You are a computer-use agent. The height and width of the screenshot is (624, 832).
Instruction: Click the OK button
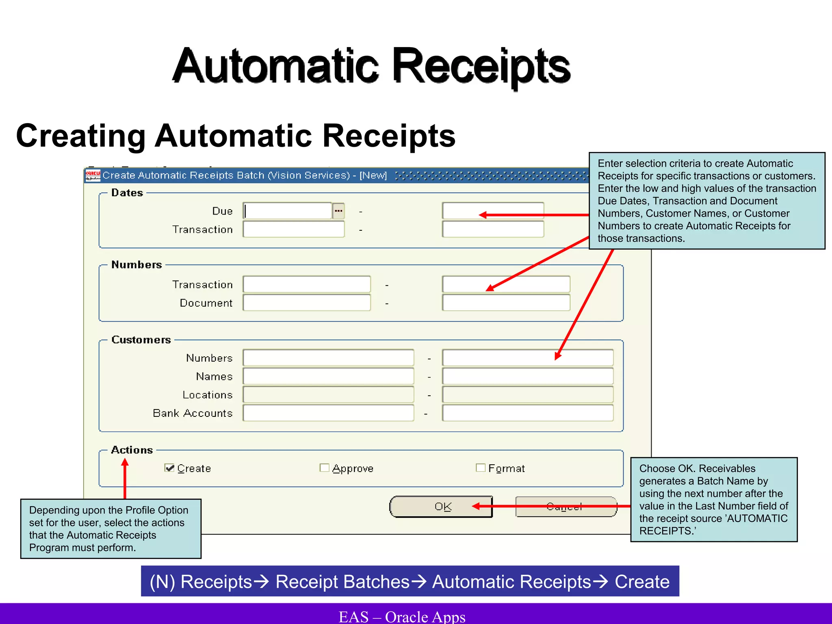[441, 507]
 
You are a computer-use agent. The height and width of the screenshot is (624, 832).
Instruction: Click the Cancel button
[566, 507]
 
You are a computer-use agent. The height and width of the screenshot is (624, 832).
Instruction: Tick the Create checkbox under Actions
[169, 468]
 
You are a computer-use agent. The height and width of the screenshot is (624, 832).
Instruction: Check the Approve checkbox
[324, 468]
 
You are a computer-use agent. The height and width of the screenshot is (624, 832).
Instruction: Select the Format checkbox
[480, 468]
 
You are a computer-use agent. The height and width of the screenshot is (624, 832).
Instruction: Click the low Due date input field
[288, 211]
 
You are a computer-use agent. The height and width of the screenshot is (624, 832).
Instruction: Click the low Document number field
[307, 303]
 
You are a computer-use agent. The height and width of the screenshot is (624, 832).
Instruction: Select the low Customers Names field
[328, 376]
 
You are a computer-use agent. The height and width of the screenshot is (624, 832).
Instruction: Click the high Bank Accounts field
[527, 413]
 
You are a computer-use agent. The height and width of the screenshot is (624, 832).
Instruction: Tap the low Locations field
[328, 394]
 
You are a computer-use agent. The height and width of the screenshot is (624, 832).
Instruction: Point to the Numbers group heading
[136, 265]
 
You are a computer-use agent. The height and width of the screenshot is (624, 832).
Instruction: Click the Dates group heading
[127, 193]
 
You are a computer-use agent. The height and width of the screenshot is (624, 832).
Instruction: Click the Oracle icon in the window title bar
[93, 175]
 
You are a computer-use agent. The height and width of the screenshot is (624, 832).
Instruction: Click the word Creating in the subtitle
[80, 136]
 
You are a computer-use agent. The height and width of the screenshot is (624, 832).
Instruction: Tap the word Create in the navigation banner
[642, 582]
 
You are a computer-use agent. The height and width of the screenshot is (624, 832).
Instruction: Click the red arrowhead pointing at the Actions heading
[125, 462]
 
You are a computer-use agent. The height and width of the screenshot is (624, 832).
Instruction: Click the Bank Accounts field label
[193, 413]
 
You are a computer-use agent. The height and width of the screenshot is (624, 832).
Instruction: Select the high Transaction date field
[493, 230]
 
